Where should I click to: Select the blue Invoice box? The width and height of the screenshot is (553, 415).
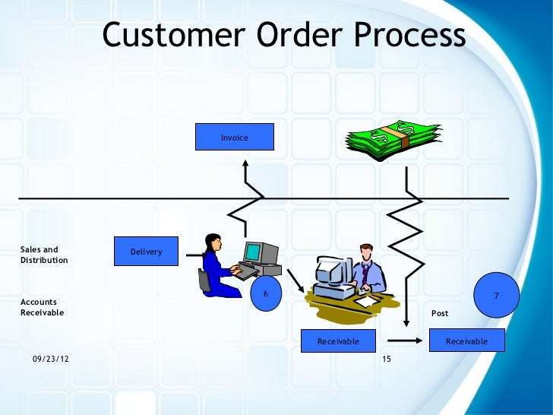click(235, 138)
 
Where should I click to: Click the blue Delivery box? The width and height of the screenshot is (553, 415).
click(146, 252)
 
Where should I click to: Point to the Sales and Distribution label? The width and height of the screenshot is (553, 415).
click(43, 255)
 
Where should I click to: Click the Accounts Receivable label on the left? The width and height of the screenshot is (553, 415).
click(43, 307)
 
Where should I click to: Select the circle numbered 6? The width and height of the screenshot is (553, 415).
click(266, 293)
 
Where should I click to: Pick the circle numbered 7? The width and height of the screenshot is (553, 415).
click(496, 295)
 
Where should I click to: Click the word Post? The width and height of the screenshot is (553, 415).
click(440, 313)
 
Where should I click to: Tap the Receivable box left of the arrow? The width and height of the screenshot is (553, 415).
click(338, 341)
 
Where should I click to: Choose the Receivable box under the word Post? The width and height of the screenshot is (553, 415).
click(466, 341)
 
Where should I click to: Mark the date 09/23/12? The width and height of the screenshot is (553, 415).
click(50, 358)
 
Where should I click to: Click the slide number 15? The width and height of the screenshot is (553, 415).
click(387, 358)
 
